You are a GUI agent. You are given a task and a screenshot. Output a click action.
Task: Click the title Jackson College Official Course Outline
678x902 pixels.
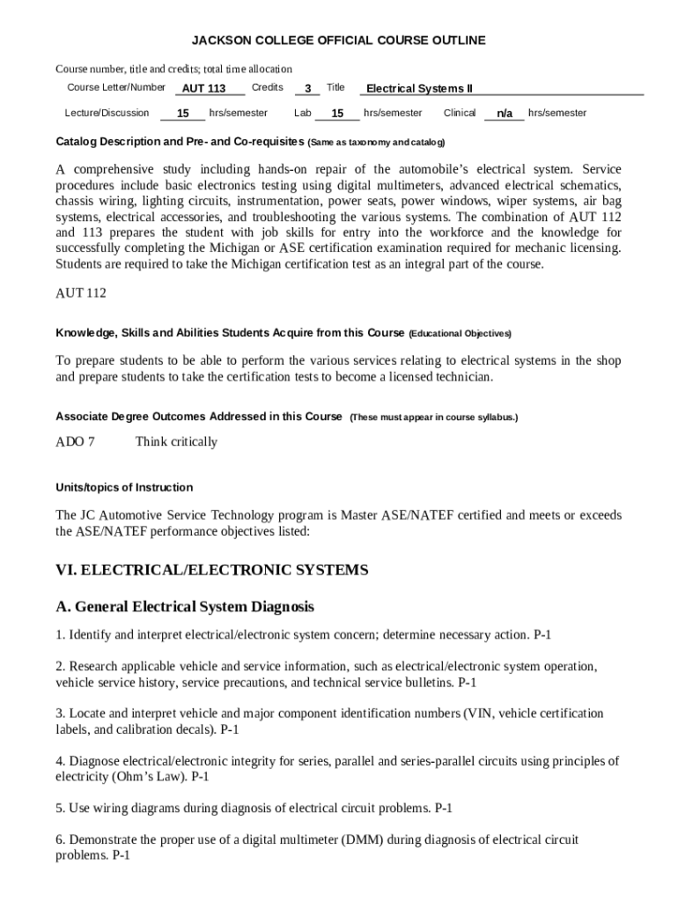(x=339, y=41)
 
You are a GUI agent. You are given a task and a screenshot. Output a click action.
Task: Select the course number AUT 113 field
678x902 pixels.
(x=203, y=88)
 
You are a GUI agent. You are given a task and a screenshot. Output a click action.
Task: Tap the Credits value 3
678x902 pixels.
(x=307, y=88)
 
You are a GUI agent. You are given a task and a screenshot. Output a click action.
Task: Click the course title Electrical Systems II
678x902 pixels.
(x=419, y=88)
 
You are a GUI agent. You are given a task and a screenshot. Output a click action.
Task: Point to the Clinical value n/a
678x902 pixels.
(x=505, y=114)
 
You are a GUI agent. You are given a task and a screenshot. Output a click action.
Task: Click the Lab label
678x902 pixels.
(x=303, y=113)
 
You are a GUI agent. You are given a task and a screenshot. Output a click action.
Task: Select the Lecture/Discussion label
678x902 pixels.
(x=107, y=113)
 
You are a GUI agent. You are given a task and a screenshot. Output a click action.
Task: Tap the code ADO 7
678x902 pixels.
(x=75, y=441)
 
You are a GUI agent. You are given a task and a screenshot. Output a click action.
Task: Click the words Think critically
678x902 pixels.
(x=176, y=441)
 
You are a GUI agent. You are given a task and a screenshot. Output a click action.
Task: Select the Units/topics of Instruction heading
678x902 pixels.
(x=124, y=487)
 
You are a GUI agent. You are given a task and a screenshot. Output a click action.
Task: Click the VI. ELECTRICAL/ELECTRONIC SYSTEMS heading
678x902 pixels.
(x=212, y=570)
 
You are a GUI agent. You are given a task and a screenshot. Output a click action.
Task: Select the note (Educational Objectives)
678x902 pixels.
(x=460, y=334)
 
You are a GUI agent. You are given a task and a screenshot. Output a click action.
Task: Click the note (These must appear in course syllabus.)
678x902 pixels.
(x=433, y=418)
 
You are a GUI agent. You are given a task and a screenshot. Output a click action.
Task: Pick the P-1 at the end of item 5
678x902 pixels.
(x=443, y=808)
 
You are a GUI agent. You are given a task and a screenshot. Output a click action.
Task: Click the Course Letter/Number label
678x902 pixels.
(x=116, y=87)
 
